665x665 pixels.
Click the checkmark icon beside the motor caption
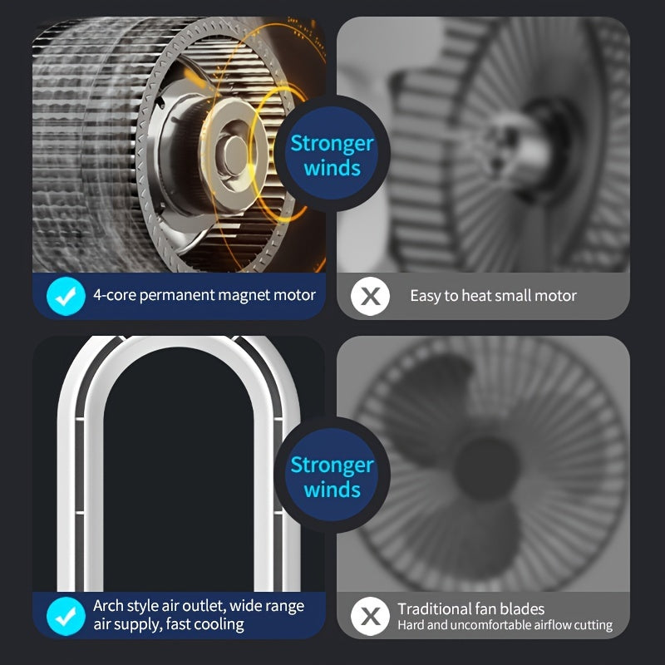pos(66,296)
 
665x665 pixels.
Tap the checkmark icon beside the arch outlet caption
pos(66,616)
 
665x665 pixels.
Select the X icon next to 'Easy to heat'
pos(370,296)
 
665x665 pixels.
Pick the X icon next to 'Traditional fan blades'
pos(370,616)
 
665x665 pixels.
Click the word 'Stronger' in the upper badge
pos(332,144)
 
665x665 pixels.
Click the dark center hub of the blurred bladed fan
pos(487,469)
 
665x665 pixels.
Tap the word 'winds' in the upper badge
pos(332,168)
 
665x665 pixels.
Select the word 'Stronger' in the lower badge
pos(332,465)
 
